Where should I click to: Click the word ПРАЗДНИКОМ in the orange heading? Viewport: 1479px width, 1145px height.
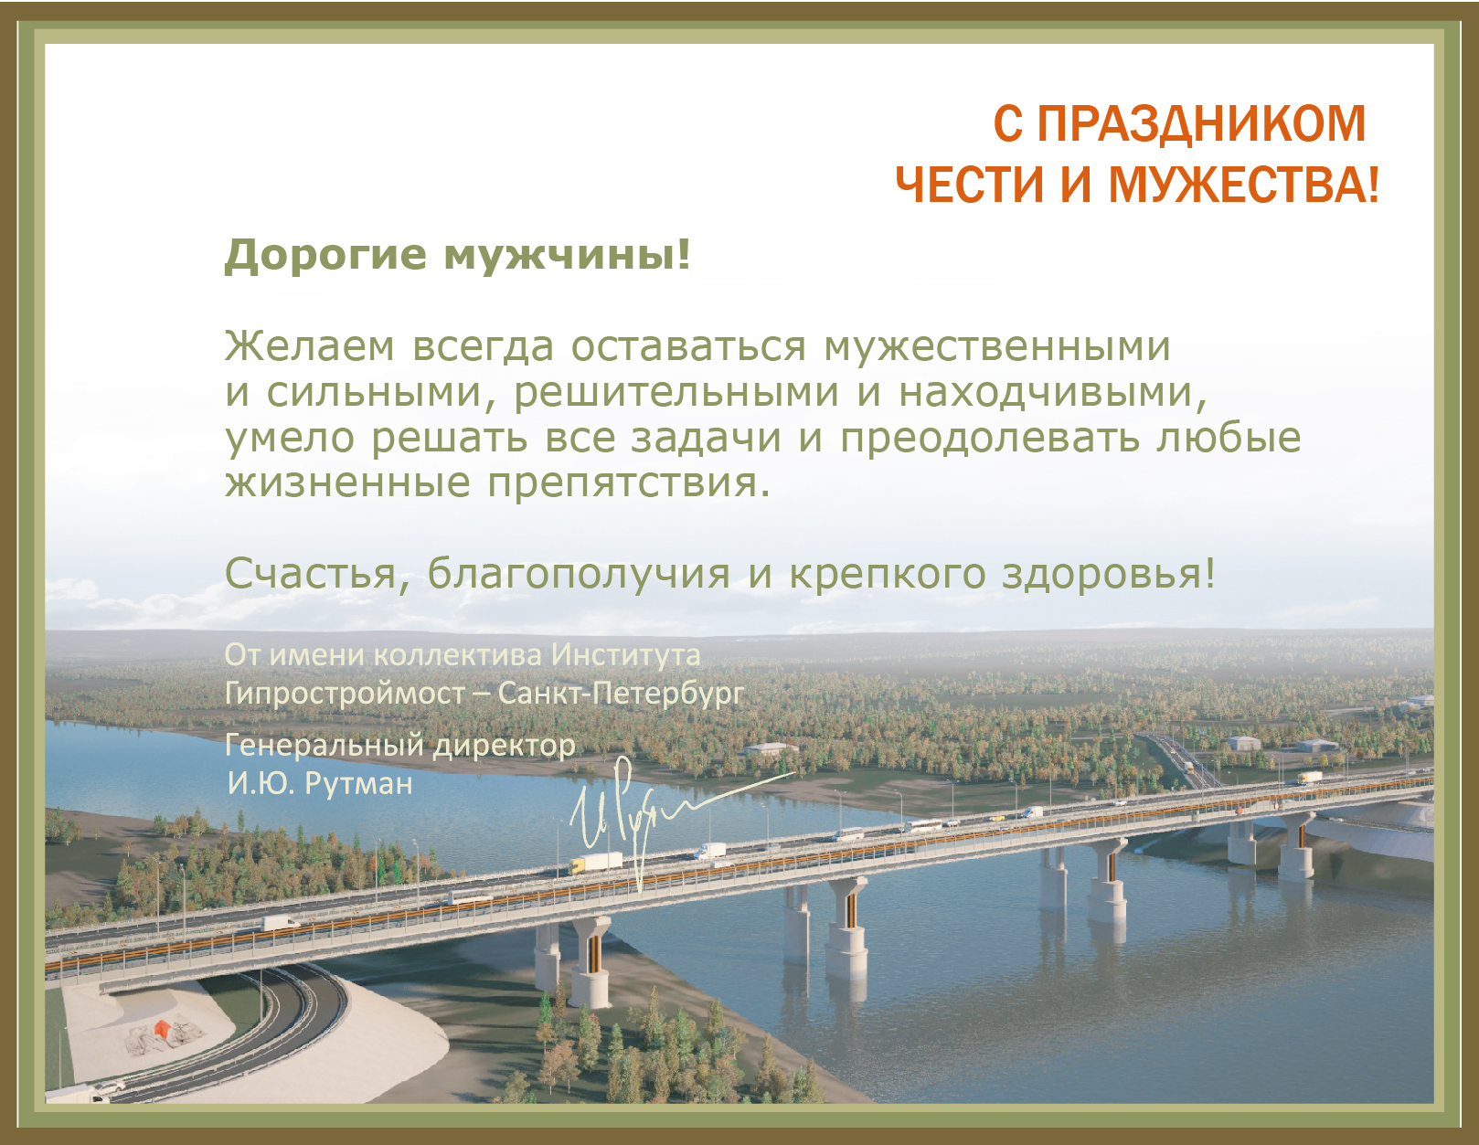click(1201, 123)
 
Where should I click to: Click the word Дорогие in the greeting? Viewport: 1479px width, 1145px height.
click(326, 255)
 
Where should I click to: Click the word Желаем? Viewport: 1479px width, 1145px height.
click(310, 345)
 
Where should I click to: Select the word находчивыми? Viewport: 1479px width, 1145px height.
click(1046, 392)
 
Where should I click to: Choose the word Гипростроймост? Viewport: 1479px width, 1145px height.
click(346, 694)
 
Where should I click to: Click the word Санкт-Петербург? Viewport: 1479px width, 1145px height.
click(622, 694)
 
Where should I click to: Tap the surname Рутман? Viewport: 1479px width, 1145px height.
click(358, 784)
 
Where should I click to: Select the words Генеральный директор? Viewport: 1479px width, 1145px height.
click(400, 746)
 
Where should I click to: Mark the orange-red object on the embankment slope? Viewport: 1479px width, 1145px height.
click(162, 1028)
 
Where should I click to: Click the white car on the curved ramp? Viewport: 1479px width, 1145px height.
click(109, 1087)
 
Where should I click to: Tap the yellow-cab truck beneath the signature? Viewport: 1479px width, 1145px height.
click(596, 863)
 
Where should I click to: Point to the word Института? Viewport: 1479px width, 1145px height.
click(625, 655)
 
